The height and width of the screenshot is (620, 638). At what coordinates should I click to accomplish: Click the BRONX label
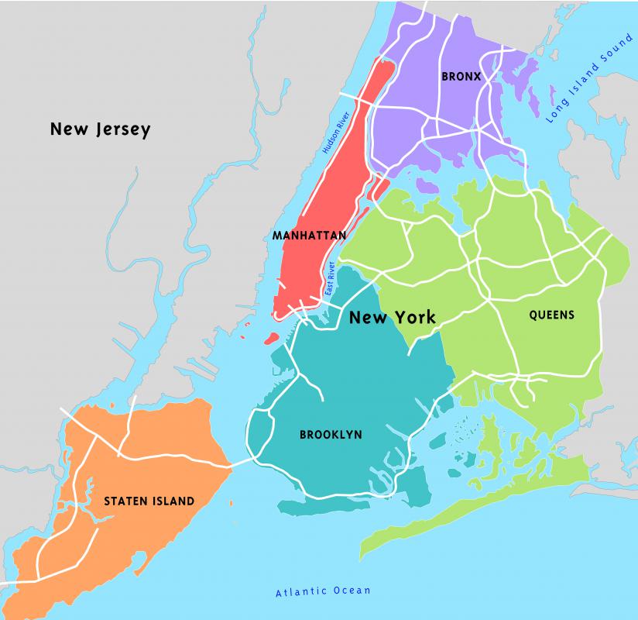click(x=461, y=76)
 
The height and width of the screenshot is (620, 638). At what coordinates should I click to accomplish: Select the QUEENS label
click(x=551, y=315)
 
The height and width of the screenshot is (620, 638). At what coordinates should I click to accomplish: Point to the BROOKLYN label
click(x=331, y=435)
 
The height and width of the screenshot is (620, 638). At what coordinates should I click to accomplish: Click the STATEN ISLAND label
click(x=149, y=501)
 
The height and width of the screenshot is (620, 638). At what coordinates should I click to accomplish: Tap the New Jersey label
click(x=100, y=129)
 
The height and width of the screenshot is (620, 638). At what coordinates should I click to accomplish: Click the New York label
click(x=392, y=317)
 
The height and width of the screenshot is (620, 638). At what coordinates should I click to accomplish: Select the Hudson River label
click(x=337, y=135)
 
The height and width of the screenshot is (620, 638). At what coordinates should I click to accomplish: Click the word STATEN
click(x=122, y=501)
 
